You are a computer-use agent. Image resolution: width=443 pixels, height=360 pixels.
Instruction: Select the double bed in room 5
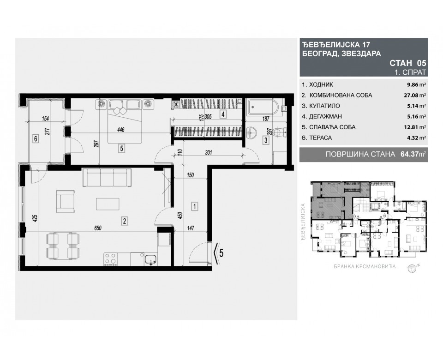tap(123, 121)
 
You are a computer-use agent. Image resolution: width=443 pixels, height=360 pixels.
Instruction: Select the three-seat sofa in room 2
tap(107, 177)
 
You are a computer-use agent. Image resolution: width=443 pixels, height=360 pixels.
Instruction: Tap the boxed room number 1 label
tap(195, 206)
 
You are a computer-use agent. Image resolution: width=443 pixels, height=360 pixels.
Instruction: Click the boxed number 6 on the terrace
tap(35, 138)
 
